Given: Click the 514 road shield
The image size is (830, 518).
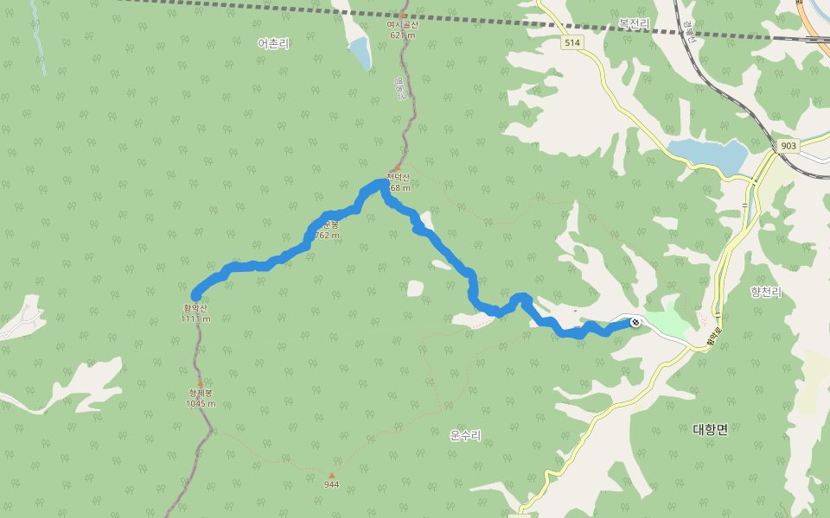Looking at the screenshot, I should click(x=571, y=43).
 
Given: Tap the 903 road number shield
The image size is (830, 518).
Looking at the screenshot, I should click(x=787, y=146).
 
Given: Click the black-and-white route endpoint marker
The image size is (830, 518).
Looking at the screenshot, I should click(x=635, y=322).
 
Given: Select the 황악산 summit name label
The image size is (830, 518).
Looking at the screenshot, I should click(x=195, y=307).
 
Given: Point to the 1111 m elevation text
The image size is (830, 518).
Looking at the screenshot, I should click(x=195, y=319).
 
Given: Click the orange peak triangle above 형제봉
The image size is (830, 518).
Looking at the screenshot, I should click(x=201, y=383).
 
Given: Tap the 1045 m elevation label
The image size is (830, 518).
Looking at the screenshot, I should click(x=201, y=403).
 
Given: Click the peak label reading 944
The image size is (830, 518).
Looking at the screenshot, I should click(x=331, y=484).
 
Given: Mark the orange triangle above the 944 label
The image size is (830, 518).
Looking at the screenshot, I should click(x=331, y=475).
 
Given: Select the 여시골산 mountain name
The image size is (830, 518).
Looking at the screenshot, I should click(x=402, y=25).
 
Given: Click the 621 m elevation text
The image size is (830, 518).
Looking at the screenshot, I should click(x=402, y=35).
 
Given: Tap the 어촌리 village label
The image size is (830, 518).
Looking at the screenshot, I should click(x=272, y=43).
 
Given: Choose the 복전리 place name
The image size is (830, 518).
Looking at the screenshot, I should click(x=634, y=22).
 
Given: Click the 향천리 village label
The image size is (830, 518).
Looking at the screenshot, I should click(x=766, y=293).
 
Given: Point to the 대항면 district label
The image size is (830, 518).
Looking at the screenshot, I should click(x=711, y=429).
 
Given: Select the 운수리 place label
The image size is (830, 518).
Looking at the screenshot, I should click(x=465, y=434).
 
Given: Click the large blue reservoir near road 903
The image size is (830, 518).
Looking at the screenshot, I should click(x=709, y=155).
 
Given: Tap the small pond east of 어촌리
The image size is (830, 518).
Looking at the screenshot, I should click(x=360, y=54).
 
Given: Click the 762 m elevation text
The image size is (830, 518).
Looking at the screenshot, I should click(x=328, y=235).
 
